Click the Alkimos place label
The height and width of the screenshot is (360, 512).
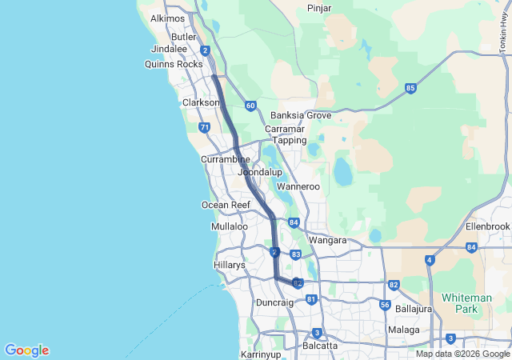pyautogui.click(x=167, y=18)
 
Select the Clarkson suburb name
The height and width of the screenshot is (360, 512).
pyautogui.click(x=201, y=103)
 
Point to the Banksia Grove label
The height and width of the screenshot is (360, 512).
pyautogui.click(x=301, y=115)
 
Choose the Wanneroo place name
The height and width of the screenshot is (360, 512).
pyautogui.click(x=298, y=187)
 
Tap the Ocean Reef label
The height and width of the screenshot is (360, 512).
pyautogui.click(x=226, y=205)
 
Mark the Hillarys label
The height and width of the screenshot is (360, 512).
pyautogui.click(x=230, y=265)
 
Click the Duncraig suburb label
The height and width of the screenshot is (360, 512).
pyautogui.click(x=274, y=302)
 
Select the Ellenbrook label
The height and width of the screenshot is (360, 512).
pyautogui.click(x=487, y=226)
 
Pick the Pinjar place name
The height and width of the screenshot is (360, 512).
pyautogui.click(x=320, y=8)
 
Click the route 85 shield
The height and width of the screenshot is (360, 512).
pyautogui.click(x=410, y=88)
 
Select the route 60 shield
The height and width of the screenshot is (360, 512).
pyautogui.click(x=250, y=106)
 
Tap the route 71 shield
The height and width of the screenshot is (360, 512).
pyautogui.click(x=205, y=127)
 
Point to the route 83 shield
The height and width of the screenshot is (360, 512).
pyautogui.click(x=296, y=254)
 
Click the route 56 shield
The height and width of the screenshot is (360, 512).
pyautogui.click(x=386, y=305)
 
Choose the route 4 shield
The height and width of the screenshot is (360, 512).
pyautogui.click(x=430, y=260)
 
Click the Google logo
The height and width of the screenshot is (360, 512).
pyautogui.click(x=26, y=350)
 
